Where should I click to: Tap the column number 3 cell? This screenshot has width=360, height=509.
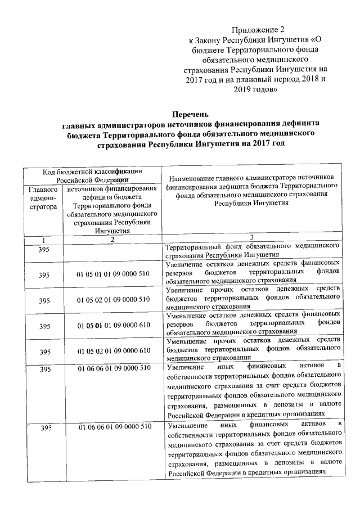pyautogui.click(x=254, y=238)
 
